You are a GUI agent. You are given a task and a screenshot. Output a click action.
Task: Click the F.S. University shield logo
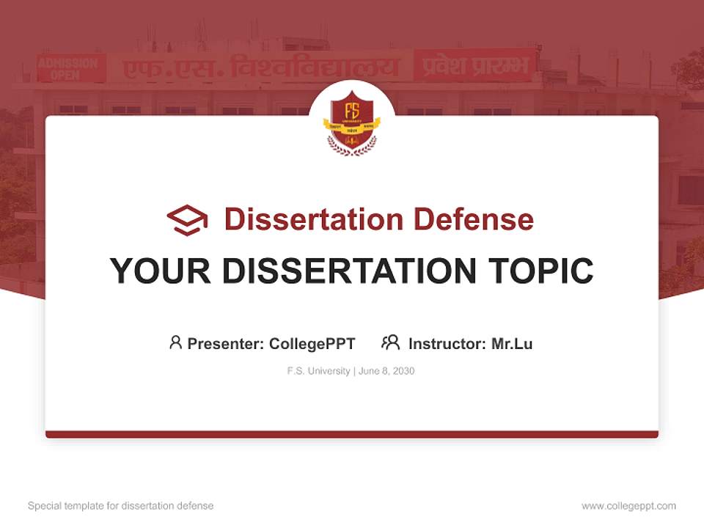point(352,122)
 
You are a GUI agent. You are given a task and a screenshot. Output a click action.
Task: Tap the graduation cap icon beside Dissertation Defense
point(187,220)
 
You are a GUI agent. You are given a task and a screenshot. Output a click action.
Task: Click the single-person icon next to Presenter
point(175,342)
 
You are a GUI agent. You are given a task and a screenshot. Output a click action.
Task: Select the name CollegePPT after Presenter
point(312,344)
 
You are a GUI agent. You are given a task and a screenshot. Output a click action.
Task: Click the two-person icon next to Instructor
point(390,342)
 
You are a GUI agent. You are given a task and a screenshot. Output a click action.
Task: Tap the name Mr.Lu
point(512,344)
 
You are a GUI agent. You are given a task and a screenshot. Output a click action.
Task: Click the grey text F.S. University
point(318,371)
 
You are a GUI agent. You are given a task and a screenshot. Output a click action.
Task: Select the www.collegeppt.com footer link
point(628,506)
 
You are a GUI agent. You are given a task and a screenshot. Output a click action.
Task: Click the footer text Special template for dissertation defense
point(120,506)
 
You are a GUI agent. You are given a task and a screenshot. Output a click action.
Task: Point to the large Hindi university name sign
point(260,67)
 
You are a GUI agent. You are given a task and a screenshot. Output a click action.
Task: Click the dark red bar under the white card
point(352,434)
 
